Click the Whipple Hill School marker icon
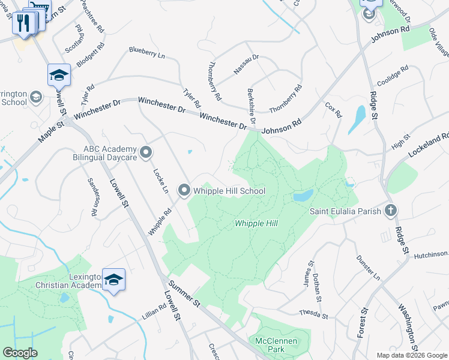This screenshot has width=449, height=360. (x=184, y=191)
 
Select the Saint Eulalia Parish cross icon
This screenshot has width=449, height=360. (x=391, y=211)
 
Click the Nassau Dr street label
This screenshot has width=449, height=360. (x=246, y=65)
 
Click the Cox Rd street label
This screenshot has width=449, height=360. (x=333, y=110)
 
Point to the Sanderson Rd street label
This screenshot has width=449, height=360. (x=94, y=197)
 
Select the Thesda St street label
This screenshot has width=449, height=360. (x=314, y=314)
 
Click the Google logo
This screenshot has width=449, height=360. (x=20, y=353)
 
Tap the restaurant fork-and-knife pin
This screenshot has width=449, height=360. (x=22, y=23)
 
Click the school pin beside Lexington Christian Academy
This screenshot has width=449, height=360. (x=113, y=280)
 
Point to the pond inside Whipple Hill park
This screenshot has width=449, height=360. (x=303, y=196)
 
